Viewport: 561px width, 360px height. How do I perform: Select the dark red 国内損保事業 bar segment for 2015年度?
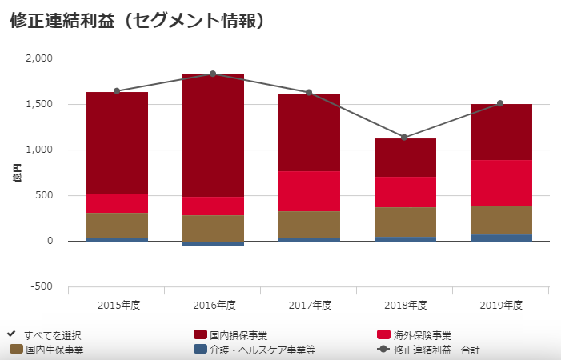coord(117,142)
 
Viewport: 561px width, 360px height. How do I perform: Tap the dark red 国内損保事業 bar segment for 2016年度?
coord(213,135)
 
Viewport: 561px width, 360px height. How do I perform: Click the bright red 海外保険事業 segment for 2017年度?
coord(309,191)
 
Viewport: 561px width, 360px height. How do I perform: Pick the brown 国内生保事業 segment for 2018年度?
coord(405,222)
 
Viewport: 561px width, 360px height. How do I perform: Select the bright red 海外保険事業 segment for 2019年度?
coord(501,182)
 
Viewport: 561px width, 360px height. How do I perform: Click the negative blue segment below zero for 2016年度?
coord(213,243)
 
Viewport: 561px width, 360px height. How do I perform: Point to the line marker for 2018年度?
coord(405,138)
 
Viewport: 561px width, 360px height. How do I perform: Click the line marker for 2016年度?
coord(213,74)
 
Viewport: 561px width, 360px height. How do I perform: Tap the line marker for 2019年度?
coord(501,103)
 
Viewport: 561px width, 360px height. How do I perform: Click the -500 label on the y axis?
coord(41,286)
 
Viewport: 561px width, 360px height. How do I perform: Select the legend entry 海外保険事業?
coord(422,334)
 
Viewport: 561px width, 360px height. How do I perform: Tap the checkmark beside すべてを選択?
coord(12,334)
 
